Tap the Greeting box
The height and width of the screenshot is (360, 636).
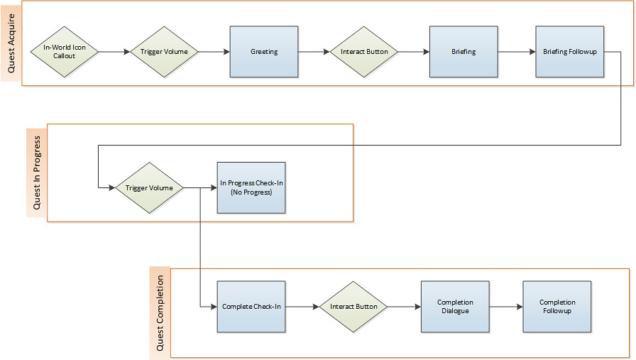(264, 52)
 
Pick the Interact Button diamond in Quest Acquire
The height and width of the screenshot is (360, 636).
(364, 52)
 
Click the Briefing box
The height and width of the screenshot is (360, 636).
(464, 52)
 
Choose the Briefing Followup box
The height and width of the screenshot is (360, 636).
(569, 52)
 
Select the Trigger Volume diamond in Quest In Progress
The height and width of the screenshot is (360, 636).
(149, 188)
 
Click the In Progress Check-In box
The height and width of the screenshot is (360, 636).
(251, 187)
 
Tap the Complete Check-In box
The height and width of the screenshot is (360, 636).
(251, 307)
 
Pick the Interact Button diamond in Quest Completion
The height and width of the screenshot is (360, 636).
(353, 307)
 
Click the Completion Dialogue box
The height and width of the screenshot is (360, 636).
(455, 307)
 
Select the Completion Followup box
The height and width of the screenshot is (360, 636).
(557, 307)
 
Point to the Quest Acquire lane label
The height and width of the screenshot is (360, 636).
(11, 43)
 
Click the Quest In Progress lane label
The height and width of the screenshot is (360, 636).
(36, 173)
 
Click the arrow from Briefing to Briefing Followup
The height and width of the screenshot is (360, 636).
(516, 52)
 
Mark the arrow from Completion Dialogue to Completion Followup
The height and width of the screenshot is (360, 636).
(506, 307)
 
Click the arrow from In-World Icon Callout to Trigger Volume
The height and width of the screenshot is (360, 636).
(114, 52)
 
